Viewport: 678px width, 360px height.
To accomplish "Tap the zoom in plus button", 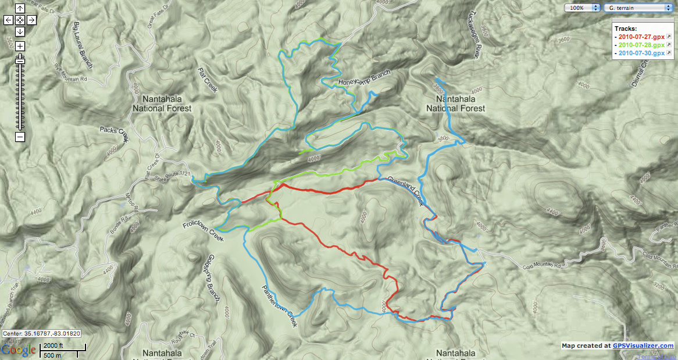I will point(20,46).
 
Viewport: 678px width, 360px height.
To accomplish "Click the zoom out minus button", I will point(20,137).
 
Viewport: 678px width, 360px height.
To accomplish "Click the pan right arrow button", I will point(31,20).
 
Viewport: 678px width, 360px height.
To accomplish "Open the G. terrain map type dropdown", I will point(637,8).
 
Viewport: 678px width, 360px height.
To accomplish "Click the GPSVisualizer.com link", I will point(643,345).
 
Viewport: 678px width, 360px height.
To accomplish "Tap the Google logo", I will point(18,350).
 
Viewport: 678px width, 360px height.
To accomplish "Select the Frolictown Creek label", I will point(201,230).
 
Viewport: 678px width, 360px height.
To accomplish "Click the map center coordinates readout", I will point(41,334).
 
